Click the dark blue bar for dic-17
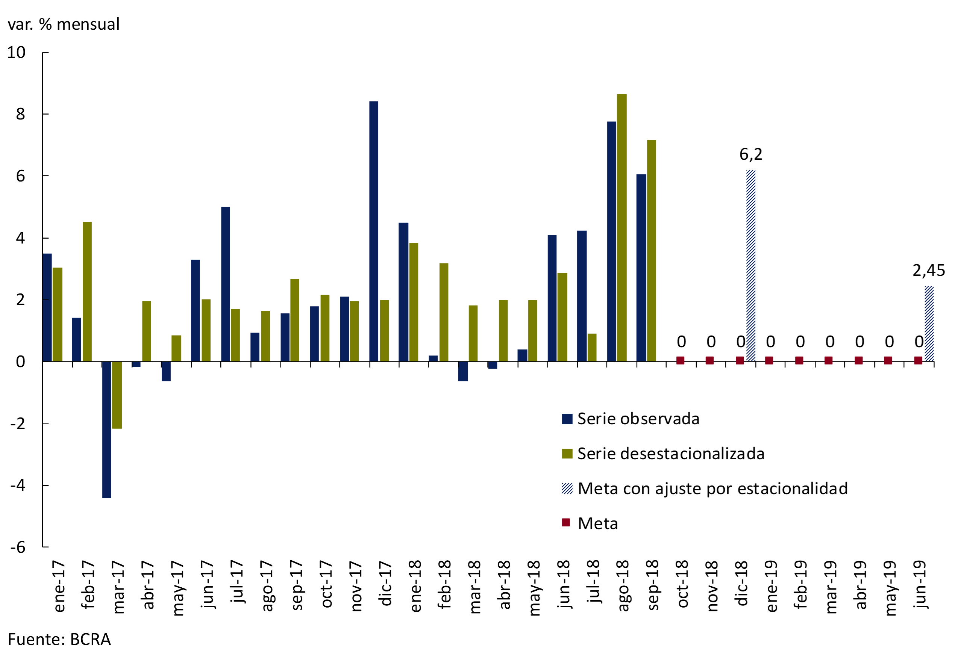[x=373, y=231]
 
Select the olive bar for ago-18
[x=622, y=228]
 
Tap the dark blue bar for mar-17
[x=106, y=430]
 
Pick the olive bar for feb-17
[x=87, y=291]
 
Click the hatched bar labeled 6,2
[x=750, y=265]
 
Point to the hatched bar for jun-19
[x=929, y=324]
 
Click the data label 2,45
[x=928, y=271]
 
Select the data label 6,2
[x=751, y=154]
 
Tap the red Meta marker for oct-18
[x=680, y=360]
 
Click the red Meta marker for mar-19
[x=828, y=360]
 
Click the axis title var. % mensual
[x=64, y=24]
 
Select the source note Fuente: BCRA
[x=59, y=639]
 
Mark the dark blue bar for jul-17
[x=226, y=284]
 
